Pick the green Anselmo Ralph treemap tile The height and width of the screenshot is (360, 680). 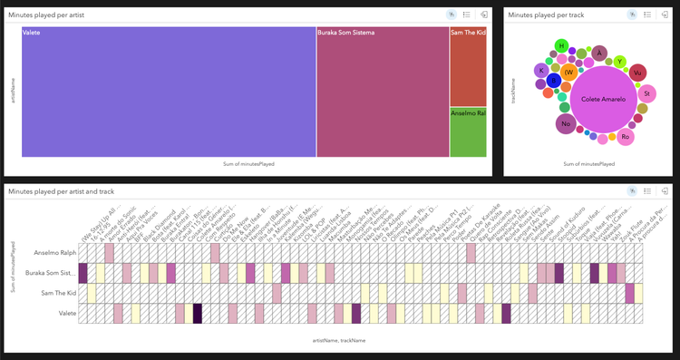468,132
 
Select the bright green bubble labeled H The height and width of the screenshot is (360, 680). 561,45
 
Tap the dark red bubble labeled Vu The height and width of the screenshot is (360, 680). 637,73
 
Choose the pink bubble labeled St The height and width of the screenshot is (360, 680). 646,93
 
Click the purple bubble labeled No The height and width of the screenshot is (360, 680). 566,123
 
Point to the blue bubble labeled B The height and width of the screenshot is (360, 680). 553,82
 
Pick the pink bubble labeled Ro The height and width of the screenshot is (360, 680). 625,137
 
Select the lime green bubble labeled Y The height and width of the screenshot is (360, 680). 620,62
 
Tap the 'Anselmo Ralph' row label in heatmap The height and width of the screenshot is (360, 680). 53,252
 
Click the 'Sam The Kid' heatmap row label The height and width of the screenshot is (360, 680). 56,293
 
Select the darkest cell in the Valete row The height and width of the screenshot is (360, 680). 198,313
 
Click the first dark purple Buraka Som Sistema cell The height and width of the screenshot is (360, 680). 83,272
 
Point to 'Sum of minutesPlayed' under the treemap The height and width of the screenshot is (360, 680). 248,164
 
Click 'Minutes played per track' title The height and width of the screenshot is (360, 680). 549,15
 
